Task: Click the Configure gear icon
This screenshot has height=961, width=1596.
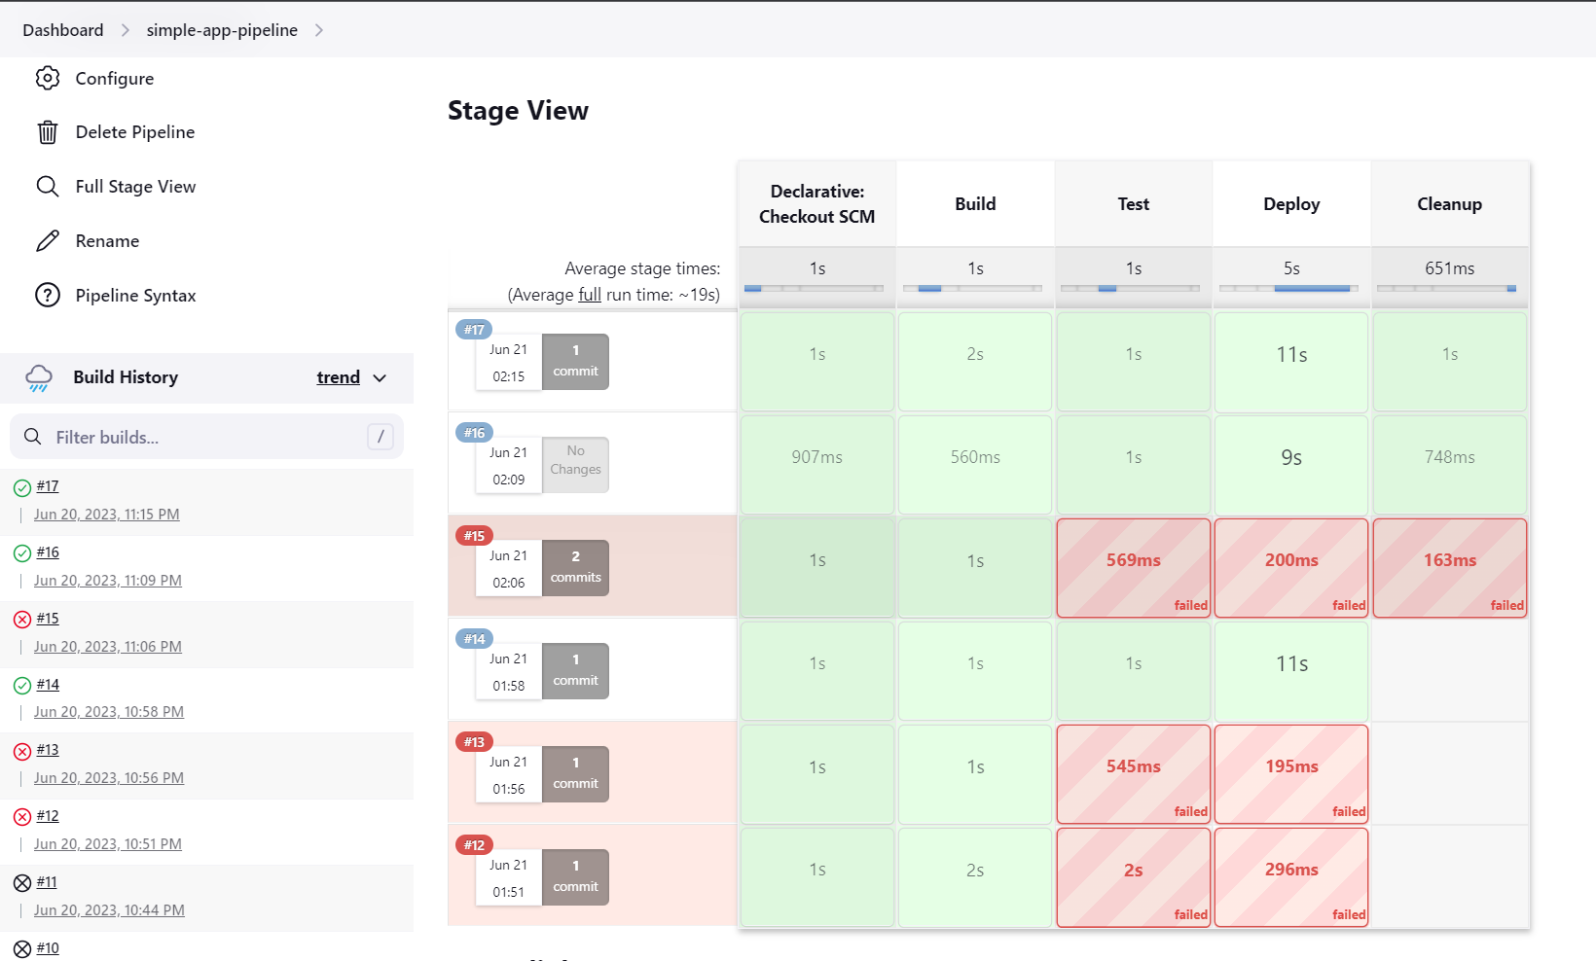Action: [x=48, y=78]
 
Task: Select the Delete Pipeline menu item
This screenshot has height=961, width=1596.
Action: [x=134, y=132]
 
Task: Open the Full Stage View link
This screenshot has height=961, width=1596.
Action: [x=135, y=187]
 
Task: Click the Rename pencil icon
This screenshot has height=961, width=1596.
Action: [x=48, y=241]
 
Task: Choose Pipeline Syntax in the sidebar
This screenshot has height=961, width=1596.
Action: [x=135, y=296]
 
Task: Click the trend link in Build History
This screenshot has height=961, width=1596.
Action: [x=338, y=377]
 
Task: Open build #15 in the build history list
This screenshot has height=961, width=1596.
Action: [x=48, y=619]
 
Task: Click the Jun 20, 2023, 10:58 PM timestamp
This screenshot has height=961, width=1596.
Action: [x=109, y=712]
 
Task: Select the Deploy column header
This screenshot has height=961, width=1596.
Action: [x=1291, y=204]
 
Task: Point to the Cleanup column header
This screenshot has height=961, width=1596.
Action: [x=1449, y=204]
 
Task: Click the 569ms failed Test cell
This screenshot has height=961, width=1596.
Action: [x=1133, y=568]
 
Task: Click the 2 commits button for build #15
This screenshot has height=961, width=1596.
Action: [x=575, y=568]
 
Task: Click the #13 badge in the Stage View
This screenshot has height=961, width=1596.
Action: [x=474, y=742]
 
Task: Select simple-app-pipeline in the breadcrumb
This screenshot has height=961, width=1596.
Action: [x=222, y=30]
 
